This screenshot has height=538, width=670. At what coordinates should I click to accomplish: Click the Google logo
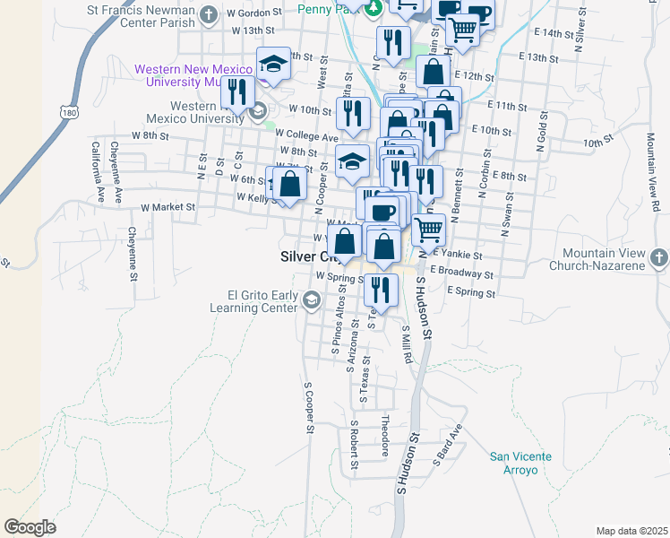pos(30,526)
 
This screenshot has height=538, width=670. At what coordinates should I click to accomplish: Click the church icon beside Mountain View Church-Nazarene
pos(659,259)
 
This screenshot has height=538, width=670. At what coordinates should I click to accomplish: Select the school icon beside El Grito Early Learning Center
pos(311,301)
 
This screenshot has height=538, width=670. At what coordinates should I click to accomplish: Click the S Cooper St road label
pos(308,409)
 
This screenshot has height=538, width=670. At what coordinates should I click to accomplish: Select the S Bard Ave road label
pos(448,446)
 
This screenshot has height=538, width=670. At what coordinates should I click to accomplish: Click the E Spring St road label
pos(463,292)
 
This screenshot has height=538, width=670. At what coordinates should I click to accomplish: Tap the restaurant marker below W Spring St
pos(382,290)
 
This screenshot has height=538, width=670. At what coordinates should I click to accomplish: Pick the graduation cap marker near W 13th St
pos(274,64)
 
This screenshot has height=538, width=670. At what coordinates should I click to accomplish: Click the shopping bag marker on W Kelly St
pos(290,185)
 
